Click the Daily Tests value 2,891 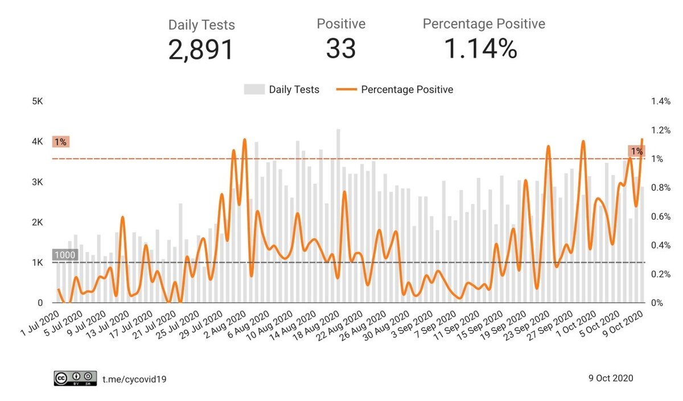(201, 49)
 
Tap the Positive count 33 (341, 49)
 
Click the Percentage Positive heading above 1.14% (483, 24)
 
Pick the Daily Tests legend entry (282, 89)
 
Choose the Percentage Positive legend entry (397, 89)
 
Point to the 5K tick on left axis (38, 101)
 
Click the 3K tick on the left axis (38, 182)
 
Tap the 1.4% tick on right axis (661, 101)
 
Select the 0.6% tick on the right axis (661, 217)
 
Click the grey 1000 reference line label (64, 255)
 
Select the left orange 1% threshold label (60, 142)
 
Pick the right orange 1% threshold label (636, 151)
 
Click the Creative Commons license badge (75, 378)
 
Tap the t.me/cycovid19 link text (134, 378)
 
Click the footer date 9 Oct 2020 (610, 378)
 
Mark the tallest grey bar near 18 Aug (338, 216)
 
